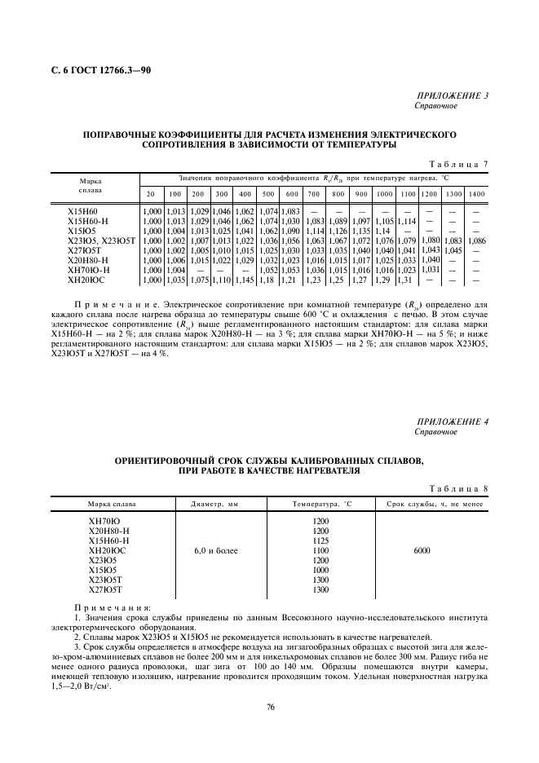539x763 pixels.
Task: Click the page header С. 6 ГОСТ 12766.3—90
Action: coord(95,71)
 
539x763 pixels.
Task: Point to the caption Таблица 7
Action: coord(458,164)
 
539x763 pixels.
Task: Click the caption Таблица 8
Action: coord(458,487)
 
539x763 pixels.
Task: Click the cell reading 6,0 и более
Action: coord(215,551)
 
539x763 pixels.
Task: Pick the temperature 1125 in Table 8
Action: coord(320,540)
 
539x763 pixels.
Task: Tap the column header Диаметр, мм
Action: coord(215,505)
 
